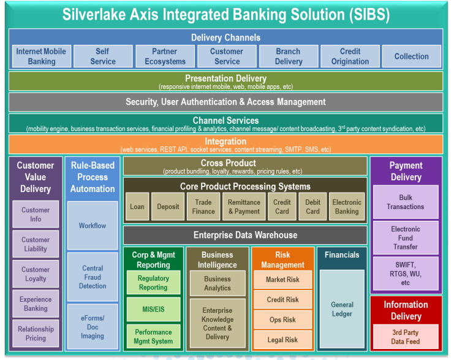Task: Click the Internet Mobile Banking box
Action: (x=41, y=56)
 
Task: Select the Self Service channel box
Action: (x=103, y=56)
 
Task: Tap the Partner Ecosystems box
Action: (x=165, y=56)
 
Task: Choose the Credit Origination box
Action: (x=350, y=56)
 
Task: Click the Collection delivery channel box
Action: (x=411, y=56)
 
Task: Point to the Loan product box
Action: (x=137, y=207)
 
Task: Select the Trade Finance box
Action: (x=203, y=207)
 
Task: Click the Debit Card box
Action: (x=312, y=207)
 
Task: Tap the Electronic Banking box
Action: (x=347, y=207)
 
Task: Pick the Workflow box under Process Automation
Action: (x=93, y=225)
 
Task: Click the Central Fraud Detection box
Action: (x=93, y=277)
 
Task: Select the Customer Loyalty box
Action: (x=36, y=274)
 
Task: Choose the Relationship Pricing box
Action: (x=36, y=334)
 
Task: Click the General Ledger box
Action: (x=342, y=309)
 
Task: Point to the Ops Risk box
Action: (x=282, y=320)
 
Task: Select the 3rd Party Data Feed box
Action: (x=406, y=337)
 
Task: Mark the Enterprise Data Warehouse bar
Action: (x=245, y=235)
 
